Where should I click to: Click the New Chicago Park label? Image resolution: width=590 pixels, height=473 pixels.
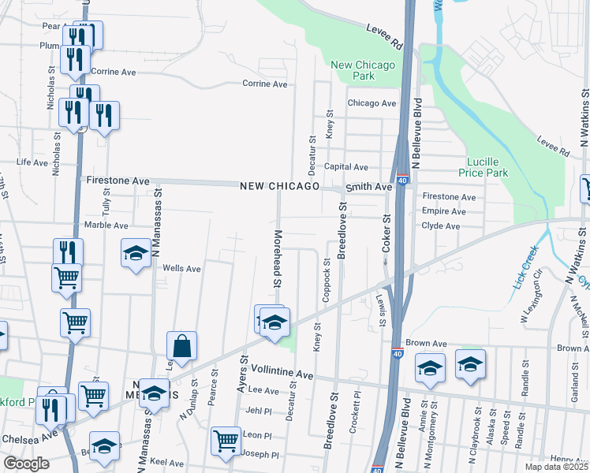[353, 70]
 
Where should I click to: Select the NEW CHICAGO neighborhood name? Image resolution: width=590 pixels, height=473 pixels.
[280, 186]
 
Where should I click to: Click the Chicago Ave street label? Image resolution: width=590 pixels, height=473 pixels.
[372, 103]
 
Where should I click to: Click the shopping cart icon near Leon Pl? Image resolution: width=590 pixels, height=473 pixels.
[226, 439]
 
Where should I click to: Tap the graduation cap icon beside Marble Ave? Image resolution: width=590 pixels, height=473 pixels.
[136, 253]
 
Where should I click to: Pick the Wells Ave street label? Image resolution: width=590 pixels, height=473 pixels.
[181, 269]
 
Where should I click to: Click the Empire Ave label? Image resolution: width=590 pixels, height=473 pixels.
[444, 211]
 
